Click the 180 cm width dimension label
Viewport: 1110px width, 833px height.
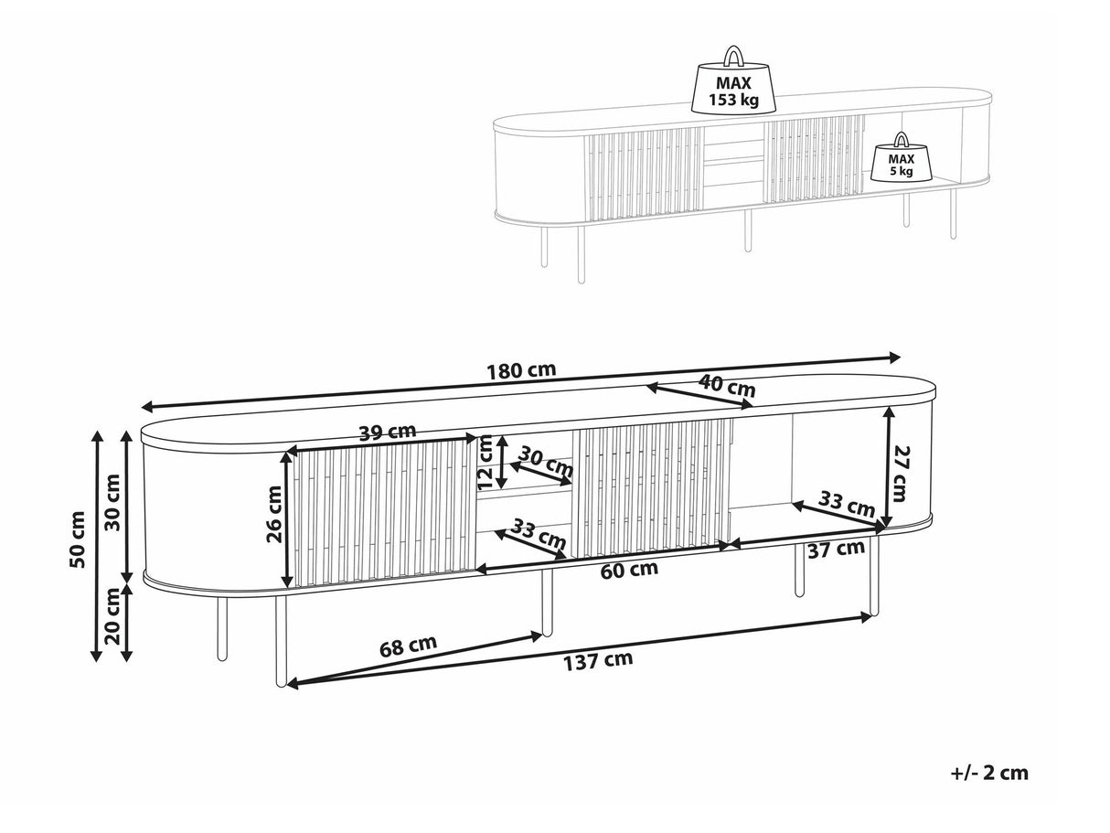tap(521, 370)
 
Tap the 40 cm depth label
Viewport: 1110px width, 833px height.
tap(727, 386)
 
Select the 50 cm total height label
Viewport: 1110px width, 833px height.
tap(78, 539)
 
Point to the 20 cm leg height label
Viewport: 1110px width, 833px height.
tap(112, 616)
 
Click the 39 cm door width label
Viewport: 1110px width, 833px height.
tap(388, 432)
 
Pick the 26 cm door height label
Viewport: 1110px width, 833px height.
tap(274, 514)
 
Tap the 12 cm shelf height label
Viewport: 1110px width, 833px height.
tap(485, 462)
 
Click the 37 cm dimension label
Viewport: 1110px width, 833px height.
tap(837, 549)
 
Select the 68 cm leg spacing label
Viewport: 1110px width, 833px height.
tap(408, 646)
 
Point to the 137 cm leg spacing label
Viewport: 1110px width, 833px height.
tap(598, 660)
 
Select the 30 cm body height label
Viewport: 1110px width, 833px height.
tap(112, 502)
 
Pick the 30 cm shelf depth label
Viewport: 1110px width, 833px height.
tap(545, 461)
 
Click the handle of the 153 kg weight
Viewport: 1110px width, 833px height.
tap(733, 56)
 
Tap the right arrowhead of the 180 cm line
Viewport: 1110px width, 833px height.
tap(893, 358)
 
